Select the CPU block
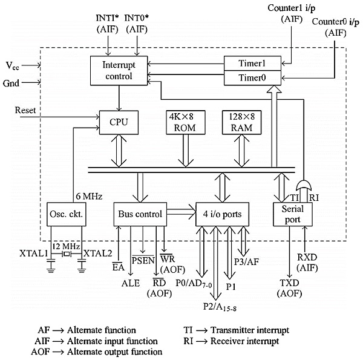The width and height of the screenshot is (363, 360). (x=114, y=123)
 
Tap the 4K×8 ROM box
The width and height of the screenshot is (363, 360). (x=181, y=122)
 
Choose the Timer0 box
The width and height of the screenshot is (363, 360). (x=252, y=77)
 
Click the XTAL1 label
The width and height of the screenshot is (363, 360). (x=33, y=252)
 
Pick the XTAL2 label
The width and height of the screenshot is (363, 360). (x=97, y=252)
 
